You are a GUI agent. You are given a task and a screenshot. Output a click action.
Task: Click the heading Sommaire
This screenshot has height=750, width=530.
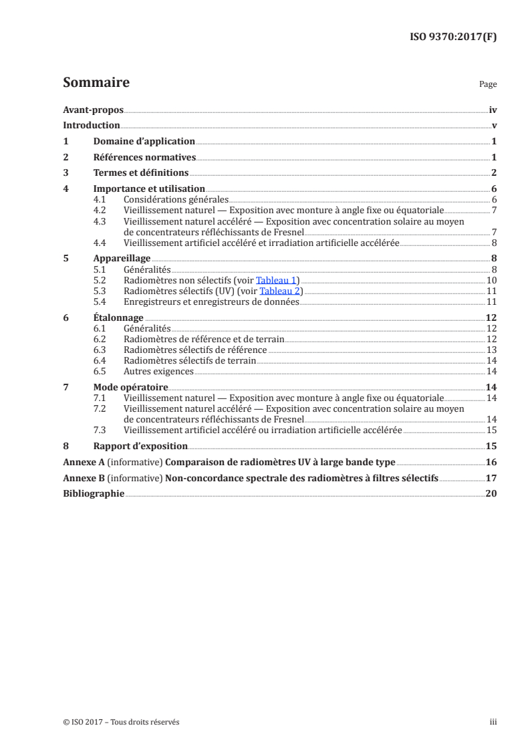[96, 83]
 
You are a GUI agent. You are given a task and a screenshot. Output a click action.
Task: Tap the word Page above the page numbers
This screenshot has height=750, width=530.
[488, 85]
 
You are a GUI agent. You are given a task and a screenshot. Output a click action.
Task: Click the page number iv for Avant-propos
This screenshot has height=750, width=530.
[493, 110]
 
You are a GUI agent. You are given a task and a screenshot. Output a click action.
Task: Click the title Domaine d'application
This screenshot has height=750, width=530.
[144, 142]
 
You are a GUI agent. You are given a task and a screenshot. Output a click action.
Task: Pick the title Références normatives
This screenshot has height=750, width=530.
[144, 158]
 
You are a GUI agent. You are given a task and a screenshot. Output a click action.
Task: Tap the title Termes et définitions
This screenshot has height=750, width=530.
[141, 173]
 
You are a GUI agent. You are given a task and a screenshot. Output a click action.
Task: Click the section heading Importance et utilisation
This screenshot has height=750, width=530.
[149, 189]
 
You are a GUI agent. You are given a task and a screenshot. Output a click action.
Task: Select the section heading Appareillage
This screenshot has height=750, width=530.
[122, 259]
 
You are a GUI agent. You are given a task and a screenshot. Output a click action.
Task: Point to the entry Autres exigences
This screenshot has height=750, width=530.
[158, 371]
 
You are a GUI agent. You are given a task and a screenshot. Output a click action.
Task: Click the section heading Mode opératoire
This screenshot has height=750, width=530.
[130, 387]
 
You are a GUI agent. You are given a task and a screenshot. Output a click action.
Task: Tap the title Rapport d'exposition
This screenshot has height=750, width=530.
[140, 446]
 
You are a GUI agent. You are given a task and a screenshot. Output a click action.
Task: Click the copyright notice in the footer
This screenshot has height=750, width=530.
[121, 722]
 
